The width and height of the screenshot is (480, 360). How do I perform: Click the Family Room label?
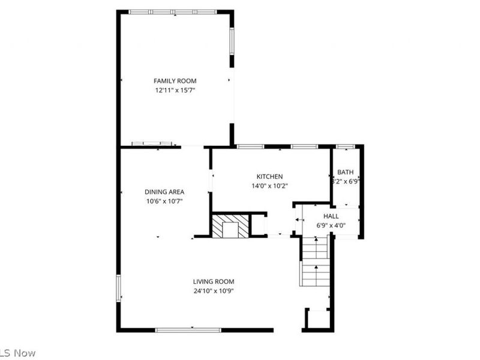pyautogui.click(x=175, y=80)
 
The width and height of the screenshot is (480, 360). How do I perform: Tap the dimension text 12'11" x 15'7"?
pyautogui.click(x=175, y=90)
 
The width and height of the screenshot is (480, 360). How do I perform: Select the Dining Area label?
pyautogui.click(x=164, y=192)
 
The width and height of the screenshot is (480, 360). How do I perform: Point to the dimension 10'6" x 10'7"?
pyautogui.click(x=164, y=202)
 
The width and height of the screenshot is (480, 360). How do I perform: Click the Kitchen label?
pyautogui.click(x=269, y=176)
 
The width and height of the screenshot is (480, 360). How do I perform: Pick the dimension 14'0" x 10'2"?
pyautogui.click(x=269, y=186)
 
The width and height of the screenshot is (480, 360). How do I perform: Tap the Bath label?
pyautogui.click(x=345, y=172)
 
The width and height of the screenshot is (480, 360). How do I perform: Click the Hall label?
pyautogui.click(x=331, y=216)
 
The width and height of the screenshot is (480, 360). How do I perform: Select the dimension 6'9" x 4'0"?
pyautogui.click(x=331, y=226)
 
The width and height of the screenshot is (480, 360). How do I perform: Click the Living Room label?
pyautogui.click(x=213, y=281)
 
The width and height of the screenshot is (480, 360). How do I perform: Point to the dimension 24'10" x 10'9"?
pyautogui.click(x=213, y=291)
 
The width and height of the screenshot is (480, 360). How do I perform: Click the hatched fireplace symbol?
pyautogui.click(x=230, y=226)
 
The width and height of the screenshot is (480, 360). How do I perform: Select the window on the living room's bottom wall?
pyautogui.click(x=188, y=329)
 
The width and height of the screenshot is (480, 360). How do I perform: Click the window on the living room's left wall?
pyautogui.click(x=119, y=287)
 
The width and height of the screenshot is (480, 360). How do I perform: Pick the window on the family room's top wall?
pyautogui.click(x=173, y=11)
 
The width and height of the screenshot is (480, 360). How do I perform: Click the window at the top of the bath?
pyautogui.click(x=345, y=146)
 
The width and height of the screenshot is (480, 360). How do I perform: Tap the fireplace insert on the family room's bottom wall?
pyautogui.click(x=152, y=144)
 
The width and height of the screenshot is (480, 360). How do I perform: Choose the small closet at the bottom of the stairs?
pyautogui.click(x=317, y=319)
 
